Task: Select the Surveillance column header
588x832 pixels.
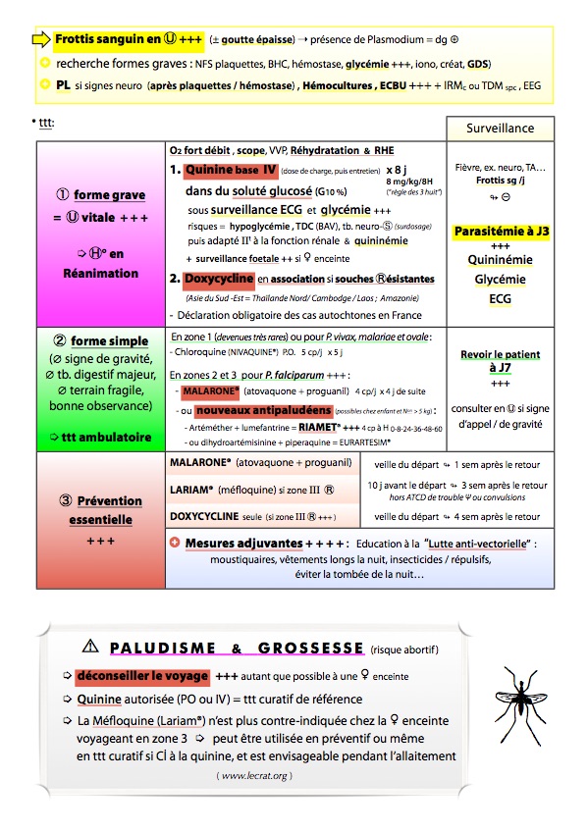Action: coord(500,129)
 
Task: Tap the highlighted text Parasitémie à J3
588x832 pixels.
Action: coord(500,232)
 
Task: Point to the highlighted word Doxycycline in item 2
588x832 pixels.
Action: coord(220,279)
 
